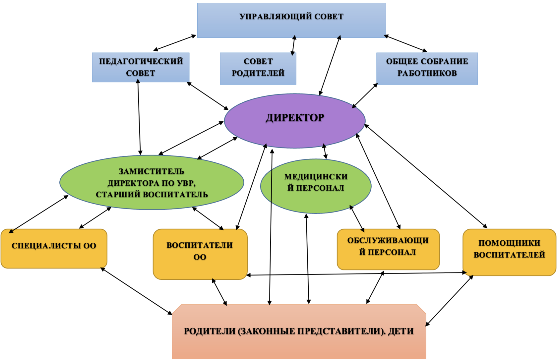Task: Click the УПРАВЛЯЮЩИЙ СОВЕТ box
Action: click(x=292, y=21)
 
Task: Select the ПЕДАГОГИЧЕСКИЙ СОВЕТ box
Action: click(x=141, y=67)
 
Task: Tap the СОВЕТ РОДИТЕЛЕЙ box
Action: click(x=258, y=69)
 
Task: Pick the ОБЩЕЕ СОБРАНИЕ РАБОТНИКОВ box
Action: click(x=427, y=69)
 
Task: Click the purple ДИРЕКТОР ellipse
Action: click(x=295, y=121)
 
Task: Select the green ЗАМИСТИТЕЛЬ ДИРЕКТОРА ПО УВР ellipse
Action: click(x=152, y=182)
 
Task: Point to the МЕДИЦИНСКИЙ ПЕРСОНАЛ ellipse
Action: click(x=316, y=186)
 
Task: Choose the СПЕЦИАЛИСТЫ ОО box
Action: click(x=54, y=249)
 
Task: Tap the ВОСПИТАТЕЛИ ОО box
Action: click(x=200, y=254)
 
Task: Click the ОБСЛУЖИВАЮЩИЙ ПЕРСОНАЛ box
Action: click(x=389, y=249)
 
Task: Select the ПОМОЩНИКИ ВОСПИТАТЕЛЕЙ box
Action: click(x=510, y=252)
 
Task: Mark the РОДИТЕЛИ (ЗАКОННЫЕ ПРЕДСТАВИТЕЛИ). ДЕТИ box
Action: click(x=299, y=331)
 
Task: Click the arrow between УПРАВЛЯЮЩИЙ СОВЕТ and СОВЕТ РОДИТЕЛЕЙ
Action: click(x=294, y=45)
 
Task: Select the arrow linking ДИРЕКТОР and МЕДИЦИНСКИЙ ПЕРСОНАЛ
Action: click(x=325, y=151)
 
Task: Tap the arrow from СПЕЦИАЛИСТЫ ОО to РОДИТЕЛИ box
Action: click(x=136, y=291)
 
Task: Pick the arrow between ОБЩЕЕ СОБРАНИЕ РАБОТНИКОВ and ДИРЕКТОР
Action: click(x=365, y=96)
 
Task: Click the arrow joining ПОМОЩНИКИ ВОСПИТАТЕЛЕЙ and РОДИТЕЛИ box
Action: click(x=449, y=301)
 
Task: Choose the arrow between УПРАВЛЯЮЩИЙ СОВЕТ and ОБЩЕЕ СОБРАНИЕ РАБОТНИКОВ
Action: click(x=405, y=43)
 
